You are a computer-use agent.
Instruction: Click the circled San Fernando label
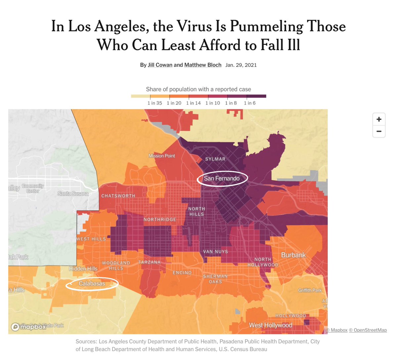[222, 179]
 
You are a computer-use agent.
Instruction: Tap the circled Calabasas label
[92, 284]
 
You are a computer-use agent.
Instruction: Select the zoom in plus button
[379, 119]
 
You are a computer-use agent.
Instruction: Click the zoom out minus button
[379, 131]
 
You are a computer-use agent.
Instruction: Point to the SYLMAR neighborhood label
[215, 159]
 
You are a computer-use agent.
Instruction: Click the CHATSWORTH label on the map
[118, 196]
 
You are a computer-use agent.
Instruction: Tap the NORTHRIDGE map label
[160, 220]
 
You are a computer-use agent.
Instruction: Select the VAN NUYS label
[215, 252]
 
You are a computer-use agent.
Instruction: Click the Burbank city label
[293, 255]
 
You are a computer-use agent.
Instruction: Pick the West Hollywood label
[270, 325]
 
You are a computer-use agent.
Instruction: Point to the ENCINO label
[182, 273]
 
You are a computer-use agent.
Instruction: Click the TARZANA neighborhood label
[149, 262]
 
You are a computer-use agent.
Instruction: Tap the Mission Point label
[162, 156]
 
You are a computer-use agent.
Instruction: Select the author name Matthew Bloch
[202, 65]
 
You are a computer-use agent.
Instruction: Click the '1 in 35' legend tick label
[154, 103]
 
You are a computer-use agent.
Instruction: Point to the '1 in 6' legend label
[249, 103]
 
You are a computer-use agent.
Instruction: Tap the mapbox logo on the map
[29, 327]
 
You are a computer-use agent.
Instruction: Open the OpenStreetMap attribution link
[368, 330]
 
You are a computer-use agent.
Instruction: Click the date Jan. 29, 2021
[241, 65]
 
